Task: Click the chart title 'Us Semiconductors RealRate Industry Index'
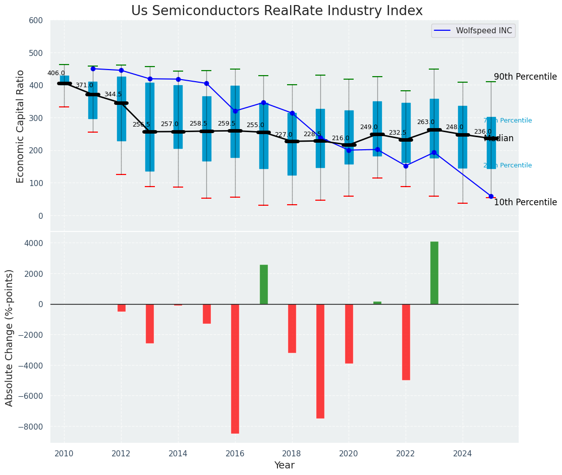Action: (276, 11)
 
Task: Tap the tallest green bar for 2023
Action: (434, 272)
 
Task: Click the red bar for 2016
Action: (235, 368)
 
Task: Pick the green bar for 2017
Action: (263, 284)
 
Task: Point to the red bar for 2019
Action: (320, 361)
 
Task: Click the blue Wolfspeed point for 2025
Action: (491, 196)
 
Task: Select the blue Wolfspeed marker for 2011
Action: (93, 69)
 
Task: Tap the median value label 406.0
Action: (56, 73)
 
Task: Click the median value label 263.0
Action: (426, 122)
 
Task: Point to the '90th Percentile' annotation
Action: (525, 77)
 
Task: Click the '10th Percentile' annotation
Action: (525, 202)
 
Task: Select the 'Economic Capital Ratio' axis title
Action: (21, 126)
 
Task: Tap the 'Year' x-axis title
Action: (284, 465)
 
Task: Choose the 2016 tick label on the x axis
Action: (235, 453)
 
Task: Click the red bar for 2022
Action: (406, 342)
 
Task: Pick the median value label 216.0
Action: (341, 138)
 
